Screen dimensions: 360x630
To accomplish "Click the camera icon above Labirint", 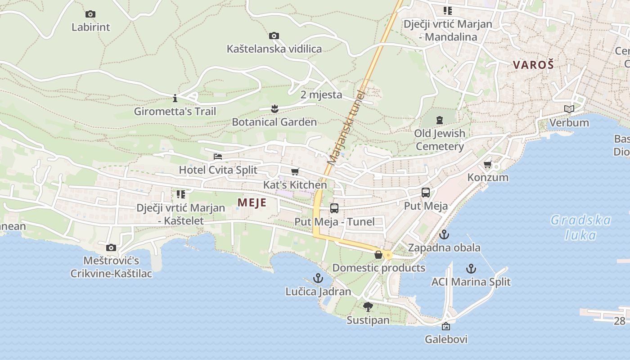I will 90,14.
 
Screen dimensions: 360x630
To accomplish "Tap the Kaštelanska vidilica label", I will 274,49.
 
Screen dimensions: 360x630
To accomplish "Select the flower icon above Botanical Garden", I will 274,108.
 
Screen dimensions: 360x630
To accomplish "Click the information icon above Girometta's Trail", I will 175,98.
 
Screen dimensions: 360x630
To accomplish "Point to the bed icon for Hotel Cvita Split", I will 218,157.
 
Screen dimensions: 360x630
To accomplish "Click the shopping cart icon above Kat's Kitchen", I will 295,171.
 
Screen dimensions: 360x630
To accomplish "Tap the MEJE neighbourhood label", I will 252,202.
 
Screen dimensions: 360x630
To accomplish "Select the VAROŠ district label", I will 533,64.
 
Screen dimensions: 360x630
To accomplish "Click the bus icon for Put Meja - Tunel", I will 334,208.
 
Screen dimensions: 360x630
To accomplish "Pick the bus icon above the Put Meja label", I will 425,193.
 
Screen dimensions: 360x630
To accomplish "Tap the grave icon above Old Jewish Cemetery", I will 440,120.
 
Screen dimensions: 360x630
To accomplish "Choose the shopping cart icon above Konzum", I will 487,164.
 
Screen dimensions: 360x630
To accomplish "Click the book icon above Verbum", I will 569,109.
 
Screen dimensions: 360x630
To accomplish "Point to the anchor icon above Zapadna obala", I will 444,234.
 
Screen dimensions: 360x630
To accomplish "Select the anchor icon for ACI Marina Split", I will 471,269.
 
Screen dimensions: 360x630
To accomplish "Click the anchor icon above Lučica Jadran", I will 318,278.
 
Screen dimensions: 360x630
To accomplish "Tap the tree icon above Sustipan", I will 368,307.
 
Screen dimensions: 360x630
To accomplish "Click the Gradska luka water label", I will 580,227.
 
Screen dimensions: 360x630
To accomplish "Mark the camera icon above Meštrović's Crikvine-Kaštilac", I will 111,247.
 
